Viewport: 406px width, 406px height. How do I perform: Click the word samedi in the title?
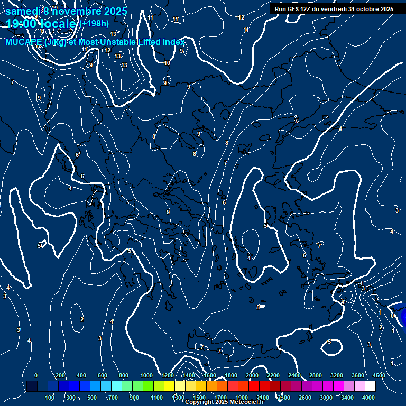23,11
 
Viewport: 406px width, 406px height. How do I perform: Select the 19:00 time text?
22,24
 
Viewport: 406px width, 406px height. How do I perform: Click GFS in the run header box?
296,9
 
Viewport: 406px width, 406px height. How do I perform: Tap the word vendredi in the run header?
333,9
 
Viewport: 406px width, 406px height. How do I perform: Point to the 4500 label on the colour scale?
379,375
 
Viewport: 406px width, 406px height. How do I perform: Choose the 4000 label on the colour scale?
368,398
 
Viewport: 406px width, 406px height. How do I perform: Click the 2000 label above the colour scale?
252,375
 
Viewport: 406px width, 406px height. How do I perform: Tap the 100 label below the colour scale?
50,398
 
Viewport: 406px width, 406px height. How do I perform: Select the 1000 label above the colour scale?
146,375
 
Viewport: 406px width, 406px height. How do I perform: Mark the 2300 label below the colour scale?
284,398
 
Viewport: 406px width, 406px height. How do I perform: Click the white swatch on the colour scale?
370,386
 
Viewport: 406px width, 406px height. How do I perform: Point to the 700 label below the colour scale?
113,398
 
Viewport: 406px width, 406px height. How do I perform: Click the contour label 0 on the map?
392,316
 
